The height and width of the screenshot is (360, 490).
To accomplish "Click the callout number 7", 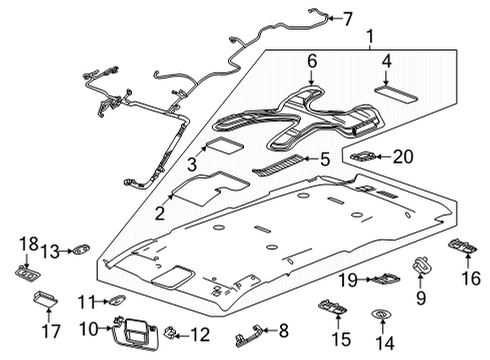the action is click(348, 19).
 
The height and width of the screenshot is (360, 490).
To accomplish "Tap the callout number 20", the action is click(403, 156).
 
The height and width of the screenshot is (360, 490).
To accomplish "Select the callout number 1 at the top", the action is click(370, 37).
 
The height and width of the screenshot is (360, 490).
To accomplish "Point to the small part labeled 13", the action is click(81, 249).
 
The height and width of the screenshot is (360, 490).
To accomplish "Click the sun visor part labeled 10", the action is click(136, 334).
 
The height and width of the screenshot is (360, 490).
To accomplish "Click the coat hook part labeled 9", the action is click(422, 264).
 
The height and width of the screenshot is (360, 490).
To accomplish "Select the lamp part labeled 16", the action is click(462, 246).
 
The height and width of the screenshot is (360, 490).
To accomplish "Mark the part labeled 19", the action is click(387, 278).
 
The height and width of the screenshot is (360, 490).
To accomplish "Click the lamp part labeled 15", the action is click(332, 307).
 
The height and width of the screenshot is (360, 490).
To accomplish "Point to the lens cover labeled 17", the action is click(46, 298).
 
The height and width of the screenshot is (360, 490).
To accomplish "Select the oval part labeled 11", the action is click(117, 300).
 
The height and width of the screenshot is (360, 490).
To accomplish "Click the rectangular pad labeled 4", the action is click(396, 95).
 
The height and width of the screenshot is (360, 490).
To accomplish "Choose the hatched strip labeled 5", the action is click(279, 166).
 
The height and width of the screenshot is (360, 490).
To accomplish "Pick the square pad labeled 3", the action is click(225, 145).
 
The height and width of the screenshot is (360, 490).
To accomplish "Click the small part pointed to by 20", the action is click(363, 155).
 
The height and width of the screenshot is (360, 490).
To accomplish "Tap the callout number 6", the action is click(312, 62).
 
